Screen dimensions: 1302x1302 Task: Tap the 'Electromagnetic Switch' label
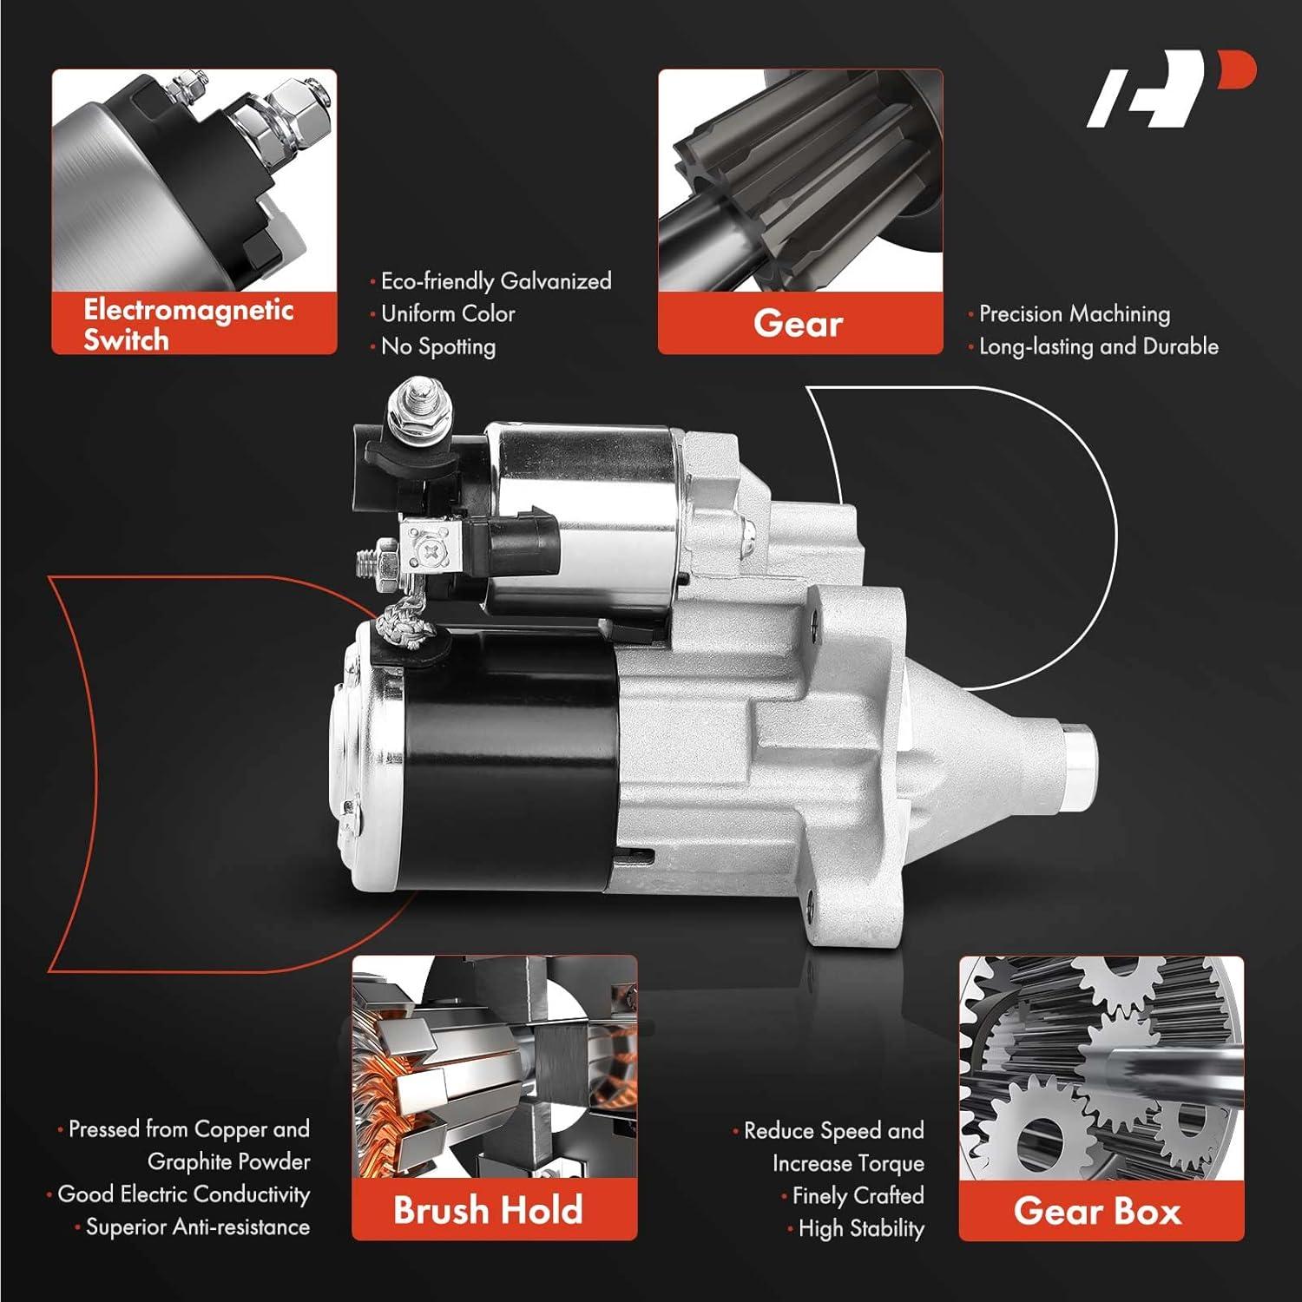point(188,324)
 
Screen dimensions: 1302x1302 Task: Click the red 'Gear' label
point(799,324)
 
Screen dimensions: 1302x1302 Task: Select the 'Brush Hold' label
point(488,1210)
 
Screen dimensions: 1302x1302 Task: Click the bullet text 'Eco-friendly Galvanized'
point(496,281)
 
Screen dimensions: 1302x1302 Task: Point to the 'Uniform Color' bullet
point(448,313)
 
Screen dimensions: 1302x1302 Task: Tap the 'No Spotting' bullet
point(438,346)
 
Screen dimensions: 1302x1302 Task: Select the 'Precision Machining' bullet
point(1074,313)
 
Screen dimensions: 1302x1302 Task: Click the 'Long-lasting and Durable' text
point(1098,346)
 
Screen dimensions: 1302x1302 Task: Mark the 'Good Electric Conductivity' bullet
point(183,1194)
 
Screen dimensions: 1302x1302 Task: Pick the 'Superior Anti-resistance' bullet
point(197,1226)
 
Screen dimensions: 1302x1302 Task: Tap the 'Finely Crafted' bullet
point(858,1196)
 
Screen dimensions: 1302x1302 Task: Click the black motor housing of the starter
point(503,764)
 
